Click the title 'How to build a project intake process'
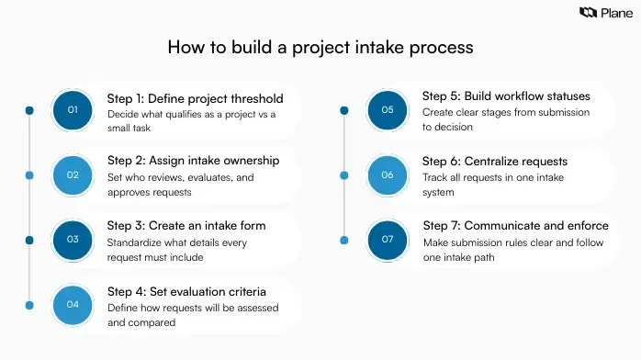[320, 47]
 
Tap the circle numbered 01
[73, 111]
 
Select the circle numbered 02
[73, 174]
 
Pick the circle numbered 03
[73, 240]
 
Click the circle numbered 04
[73, 304]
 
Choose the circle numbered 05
[387, 110]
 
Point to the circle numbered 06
[387, 174]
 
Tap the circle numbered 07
[387, 240]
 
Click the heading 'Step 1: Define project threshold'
[195, 98]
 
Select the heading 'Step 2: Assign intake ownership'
[193, 161]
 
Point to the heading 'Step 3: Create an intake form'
[186, 226]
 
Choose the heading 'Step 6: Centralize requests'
[494, 162]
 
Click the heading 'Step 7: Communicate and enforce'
[517, 226]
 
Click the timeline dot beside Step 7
[343, 240]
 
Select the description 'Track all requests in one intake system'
[494, 185]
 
